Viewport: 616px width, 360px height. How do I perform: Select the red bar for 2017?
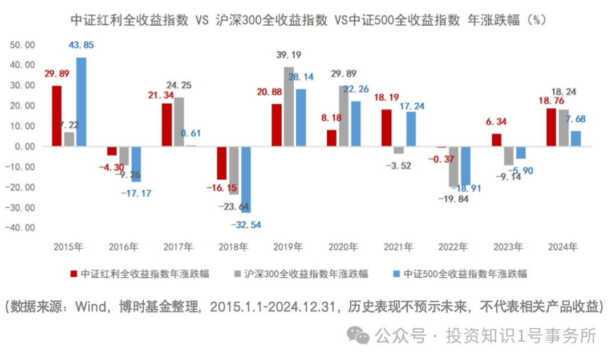click(167, 125)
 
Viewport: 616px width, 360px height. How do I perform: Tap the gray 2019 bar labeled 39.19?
click(289, 107)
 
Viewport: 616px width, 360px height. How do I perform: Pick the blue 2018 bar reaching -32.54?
click(246, 179)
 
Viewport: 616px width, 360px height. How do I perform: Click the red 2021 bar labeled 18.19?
click(386, 128)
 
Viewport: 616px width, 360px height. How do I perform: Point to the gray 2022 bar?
click(453, 166)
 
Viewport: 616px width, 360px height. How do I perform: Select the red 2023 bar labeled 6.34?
click(496, 140)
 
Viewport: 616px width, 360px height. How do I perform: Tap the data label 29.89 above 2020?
click(344, 74)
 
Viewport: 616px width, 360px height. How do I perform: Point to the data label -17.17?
click(136, 193)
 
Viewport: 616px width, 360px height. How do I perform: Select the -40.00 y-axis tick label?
click(21, 228)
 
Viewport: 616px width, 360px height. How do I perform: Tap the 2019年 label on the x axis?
click(289, 248)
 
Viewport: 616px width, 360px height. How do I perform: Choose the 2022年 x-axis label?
click(453, 248)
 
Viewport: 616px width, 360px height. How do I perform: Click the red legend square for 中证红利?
click(72, 274)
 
